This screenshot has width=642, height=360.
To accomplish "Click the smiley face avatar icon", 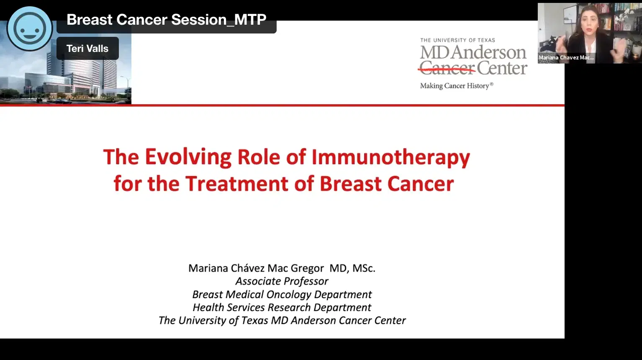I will [x=30, y=28].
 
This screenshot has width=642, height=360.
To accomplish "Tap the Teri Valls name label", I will [x=87, y=49].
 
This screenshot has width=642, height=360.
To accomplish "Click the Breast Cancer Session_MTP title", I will [x=166, y=20].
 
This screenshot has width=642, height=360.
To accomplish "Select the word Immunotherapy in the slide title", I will [x=390, y=157].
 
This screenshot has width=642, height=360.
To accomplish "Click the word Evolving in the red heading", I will [x=188, y=157].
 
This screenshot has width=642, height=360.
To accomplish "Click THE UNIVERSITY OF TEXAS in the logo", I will [x=457, y=40].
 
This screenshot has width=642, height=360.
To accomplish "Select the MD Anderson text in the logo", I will [x=473, y=53].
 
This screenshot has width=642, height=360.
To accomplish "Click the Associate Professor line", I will [x=282, y=281].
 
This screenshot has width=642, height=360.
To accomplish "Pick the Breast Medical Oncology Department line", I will [x=282, y=294].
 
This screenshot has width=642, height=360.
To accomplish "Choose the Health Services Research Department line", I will [x=282, y=307].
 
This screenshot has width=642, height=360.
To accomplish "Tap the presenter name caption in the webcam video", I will [x=566, y=58].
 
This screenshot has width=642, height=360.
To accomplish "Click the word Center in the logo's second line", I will [x=502, y=68].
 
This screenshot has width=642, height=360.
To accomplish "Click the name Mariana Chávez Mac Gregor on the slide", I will [x=256, y=268].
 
